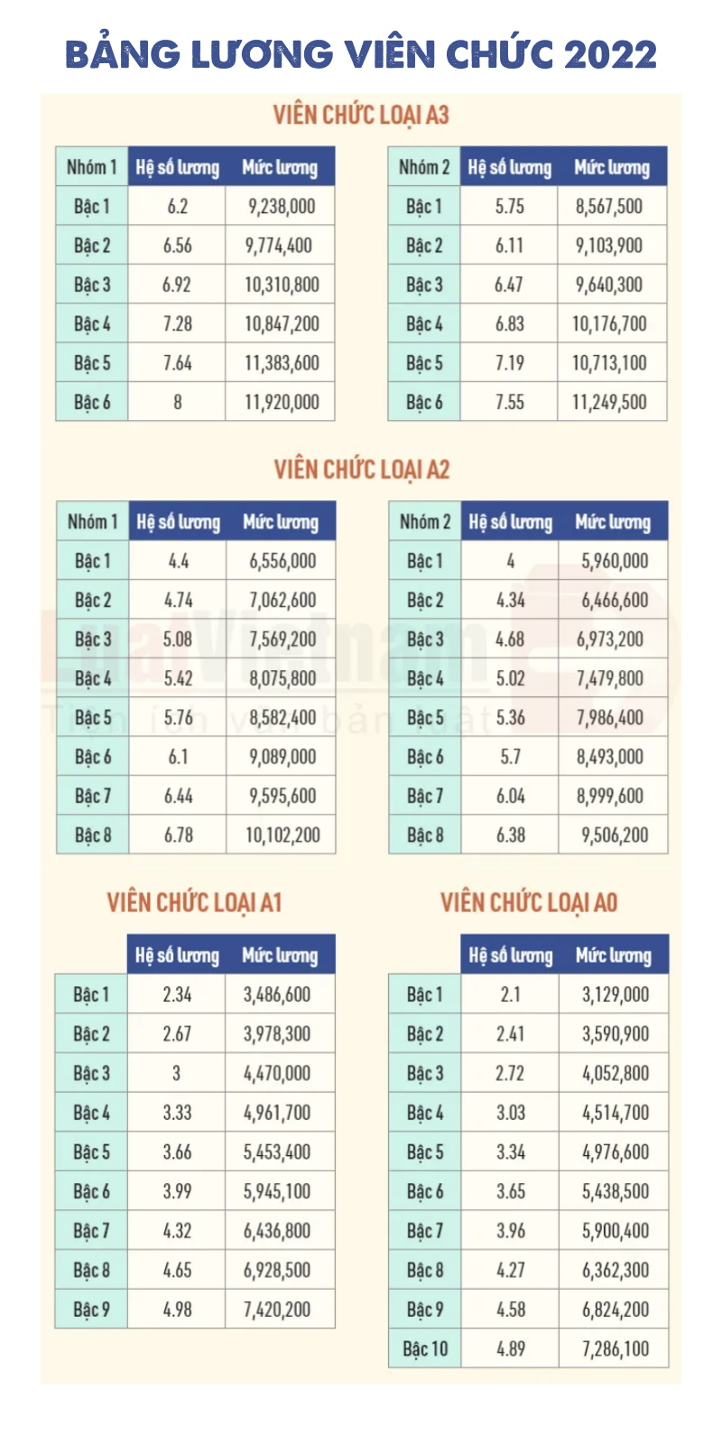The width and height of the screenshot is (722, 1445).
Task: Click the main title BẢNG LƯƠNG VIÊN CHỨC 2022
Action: [x=361, y=54]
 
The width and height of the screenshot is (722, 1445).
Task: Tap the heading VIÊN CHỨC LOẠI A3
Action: [x=361, y=115]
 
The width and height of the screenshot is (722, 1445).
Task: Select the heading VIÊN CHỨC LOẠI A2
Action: [x=361, y=470]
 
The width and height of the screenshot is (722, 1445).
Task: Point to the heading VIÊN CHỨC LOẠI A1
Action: [x=194, y=902]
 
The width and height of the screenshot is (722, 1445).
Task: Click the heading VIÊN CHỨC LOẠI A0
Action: [x=529, y=902]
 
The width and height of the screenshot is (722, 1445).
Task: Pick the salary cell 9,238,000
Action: [x=282, y=206]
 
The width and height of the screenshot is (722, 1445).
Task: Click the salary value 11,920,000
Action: [x=282, y=402]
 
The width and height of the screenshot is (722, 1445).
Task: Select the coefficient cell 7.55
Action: [x=509, y=402]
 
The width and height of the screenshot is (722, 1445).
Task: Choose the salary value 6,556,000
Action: [x=282, y=561]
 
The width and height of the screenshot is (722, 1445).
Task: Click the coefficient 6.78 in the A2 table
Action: [x=179, y=835]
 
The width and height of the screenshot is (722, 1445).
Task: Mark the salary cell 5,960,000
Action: [x=615, y=561]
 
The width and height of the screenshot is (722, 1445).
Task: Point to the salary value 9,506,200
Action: [x=615, y=835]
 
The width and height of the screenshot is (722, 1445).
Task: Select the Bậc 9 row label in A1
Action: [x=91, y=1310]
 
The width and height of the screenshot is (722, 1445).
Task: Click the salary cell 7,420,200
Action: [x=277, y=1310]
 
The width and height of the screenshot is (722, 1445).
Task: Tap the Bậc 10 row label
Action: [x=425, y=1349]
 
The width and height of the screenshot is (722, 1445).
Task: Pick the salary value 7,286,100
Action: [x=616, y=1349]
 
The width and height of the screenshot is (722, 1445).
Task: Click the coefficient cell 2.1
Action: [x=510, y=994]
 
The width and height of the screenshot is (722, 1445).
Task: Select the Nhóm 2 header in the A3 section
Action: [x=424, y=167]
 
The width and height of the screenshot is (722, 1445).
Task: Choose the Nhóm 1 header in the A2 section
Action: [x=92, y=522]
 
